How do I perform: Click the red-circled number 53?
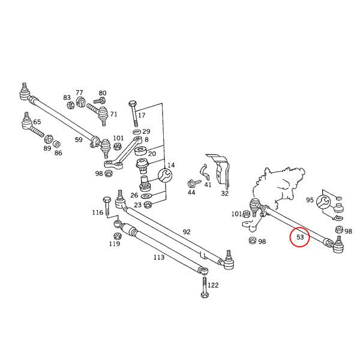pos(299,238)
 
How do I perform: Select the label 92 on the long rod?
pos(186,231)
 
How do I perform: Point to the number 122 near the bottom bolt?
pos(213,285)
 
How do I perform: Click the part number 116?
pos(97,212)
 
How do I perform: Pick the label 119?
pos(115,244)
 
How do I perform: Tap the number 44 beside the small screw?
pos(191,193)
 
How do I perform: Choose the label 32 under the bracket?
pos(224,193)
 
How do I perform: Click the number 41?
pos(208,185)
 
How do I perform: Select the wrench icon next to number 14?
pos(164,175)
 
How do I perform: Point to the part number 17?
pos(142,115)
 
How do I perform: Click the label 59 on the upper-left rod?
pos(79,140)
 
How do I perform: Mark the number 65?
pos(37,122)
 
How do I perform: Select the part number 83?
pos(67,97)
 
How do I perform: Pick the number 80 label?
pos(103,93)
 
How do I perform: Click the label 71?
pos(113,113)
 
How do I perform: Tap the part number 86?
pos(58,153)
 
